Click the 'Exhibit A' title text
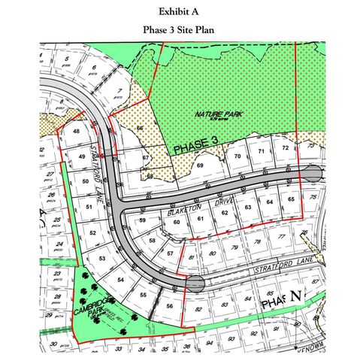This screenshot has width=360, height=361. [x=180, y=12]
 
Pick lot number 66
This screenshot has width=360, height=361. [x=140, y=129]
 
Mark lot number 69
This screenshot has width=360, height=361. [x=200, y=165]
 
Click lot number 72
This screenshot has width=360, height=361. [x=285, y=148]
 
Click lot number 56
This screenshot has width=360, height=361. [x=171, y=306]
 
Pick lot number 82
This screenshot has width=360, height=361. [x=198, y=308]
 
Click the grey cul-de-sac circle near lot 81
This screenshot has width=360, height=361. [x=195, y=283]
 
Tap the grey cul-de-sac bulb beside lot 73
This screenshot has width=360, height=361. [x=314, y=174]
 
